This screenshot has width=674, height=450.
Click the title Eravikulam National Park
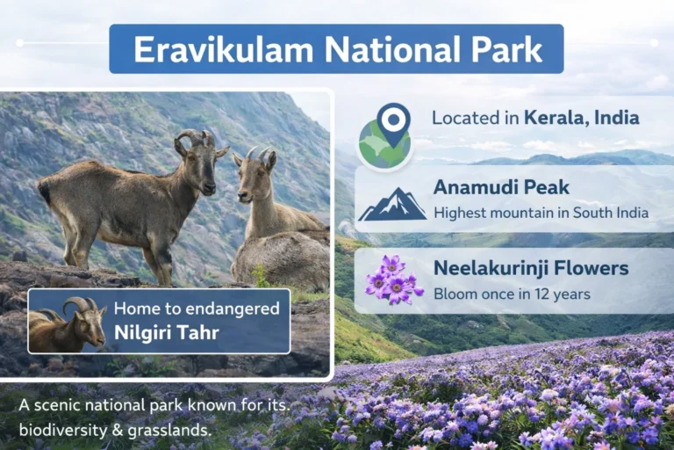337,49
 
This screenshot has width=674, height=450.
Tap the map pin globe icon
385,136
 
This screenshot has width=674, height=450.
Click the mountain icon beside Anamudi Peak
392,203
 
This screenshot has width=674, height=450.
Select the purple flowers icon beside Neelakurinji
392,280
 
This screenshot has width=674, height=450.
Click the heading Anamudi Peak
501,187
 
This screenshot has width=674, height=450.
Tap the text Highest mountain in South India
541,212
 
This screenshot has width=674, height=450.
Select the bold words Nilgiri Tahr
166,332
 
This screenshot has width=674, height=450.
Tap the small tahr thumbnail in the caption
68,322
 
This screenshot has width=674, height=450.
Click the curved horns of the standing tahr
191,139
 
